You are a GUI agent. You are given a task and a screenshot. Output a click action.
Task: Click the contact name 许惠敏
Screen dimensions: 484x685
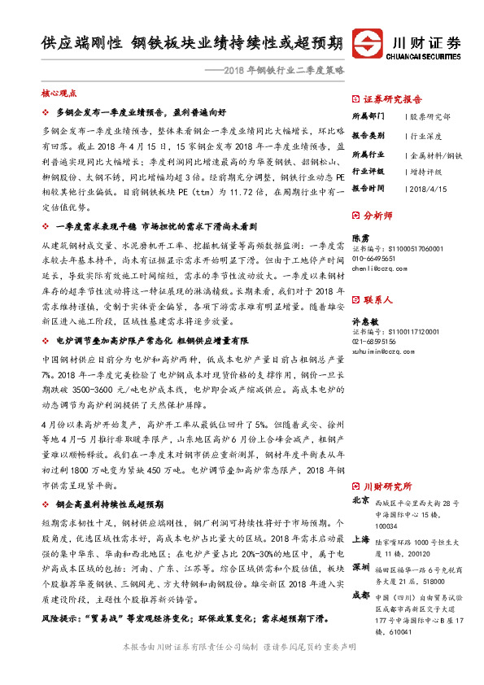(365, 323)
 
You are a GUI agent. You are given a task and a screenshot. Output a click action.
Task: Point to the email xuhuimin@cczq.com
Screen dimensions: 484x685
(384, 352)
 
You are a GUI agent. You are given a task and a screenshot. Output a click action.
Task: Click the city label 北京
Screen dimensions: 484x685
(360, 500)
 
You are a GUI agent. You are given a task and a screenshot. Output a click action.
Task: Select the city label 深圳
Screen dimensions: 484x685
(360, 565)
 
